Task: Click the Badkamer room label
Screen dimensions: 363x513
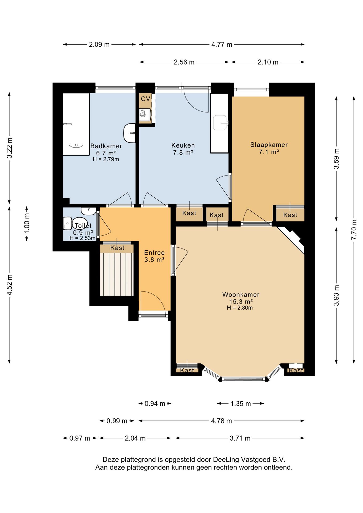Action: pyautogui.click(x=106, y=146)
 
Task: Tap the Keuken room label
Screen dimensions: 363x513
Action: pyautogui.click(x=183, y=146)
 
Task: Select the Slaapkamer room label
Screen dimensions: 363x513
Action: pyautogui.click(x=269, y=145)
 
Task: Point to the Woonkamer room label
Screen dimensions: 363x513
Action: pyautogui.click(x=241, y=294)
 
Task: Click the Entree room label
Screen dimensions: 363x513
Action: pyautogui.click(x=154, y=252)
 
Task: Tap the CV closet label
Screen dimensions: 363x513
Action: pyautogui.click(x=145, y=99)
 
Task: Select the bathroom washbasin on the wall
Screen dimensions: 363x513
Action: pyautogui.click(x=130, y=133)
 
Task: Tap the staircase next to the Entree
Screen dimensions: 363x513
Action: pyautogui.click(x=117, y=274)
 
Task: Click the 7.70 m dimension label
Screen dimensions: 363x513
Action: pyautogui.click(x=354, y=230)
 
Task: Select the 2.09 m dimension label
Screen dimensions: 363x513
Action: pyautogui.click(x=99, y=45)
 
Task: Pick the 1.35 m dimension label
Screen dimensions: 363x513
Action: pyautogui.click(x=241, y=403)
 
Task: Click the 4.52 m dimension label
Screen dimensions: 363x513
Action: pyautogui.click(x=10, y=285)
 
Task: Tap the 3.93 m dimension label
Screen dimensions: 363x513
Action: pyautogui.click(x=337, y=295)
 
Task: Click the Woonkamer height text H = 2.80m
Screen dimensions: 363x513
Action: pyautogui.click(x=240, y=308)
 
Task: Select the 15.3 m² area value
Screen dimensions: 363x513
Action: pyautogui.click(x=241, y=301)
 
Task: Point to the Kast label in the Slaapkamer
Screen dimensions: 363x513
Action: pyautogui.click(x=290, y=215)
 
